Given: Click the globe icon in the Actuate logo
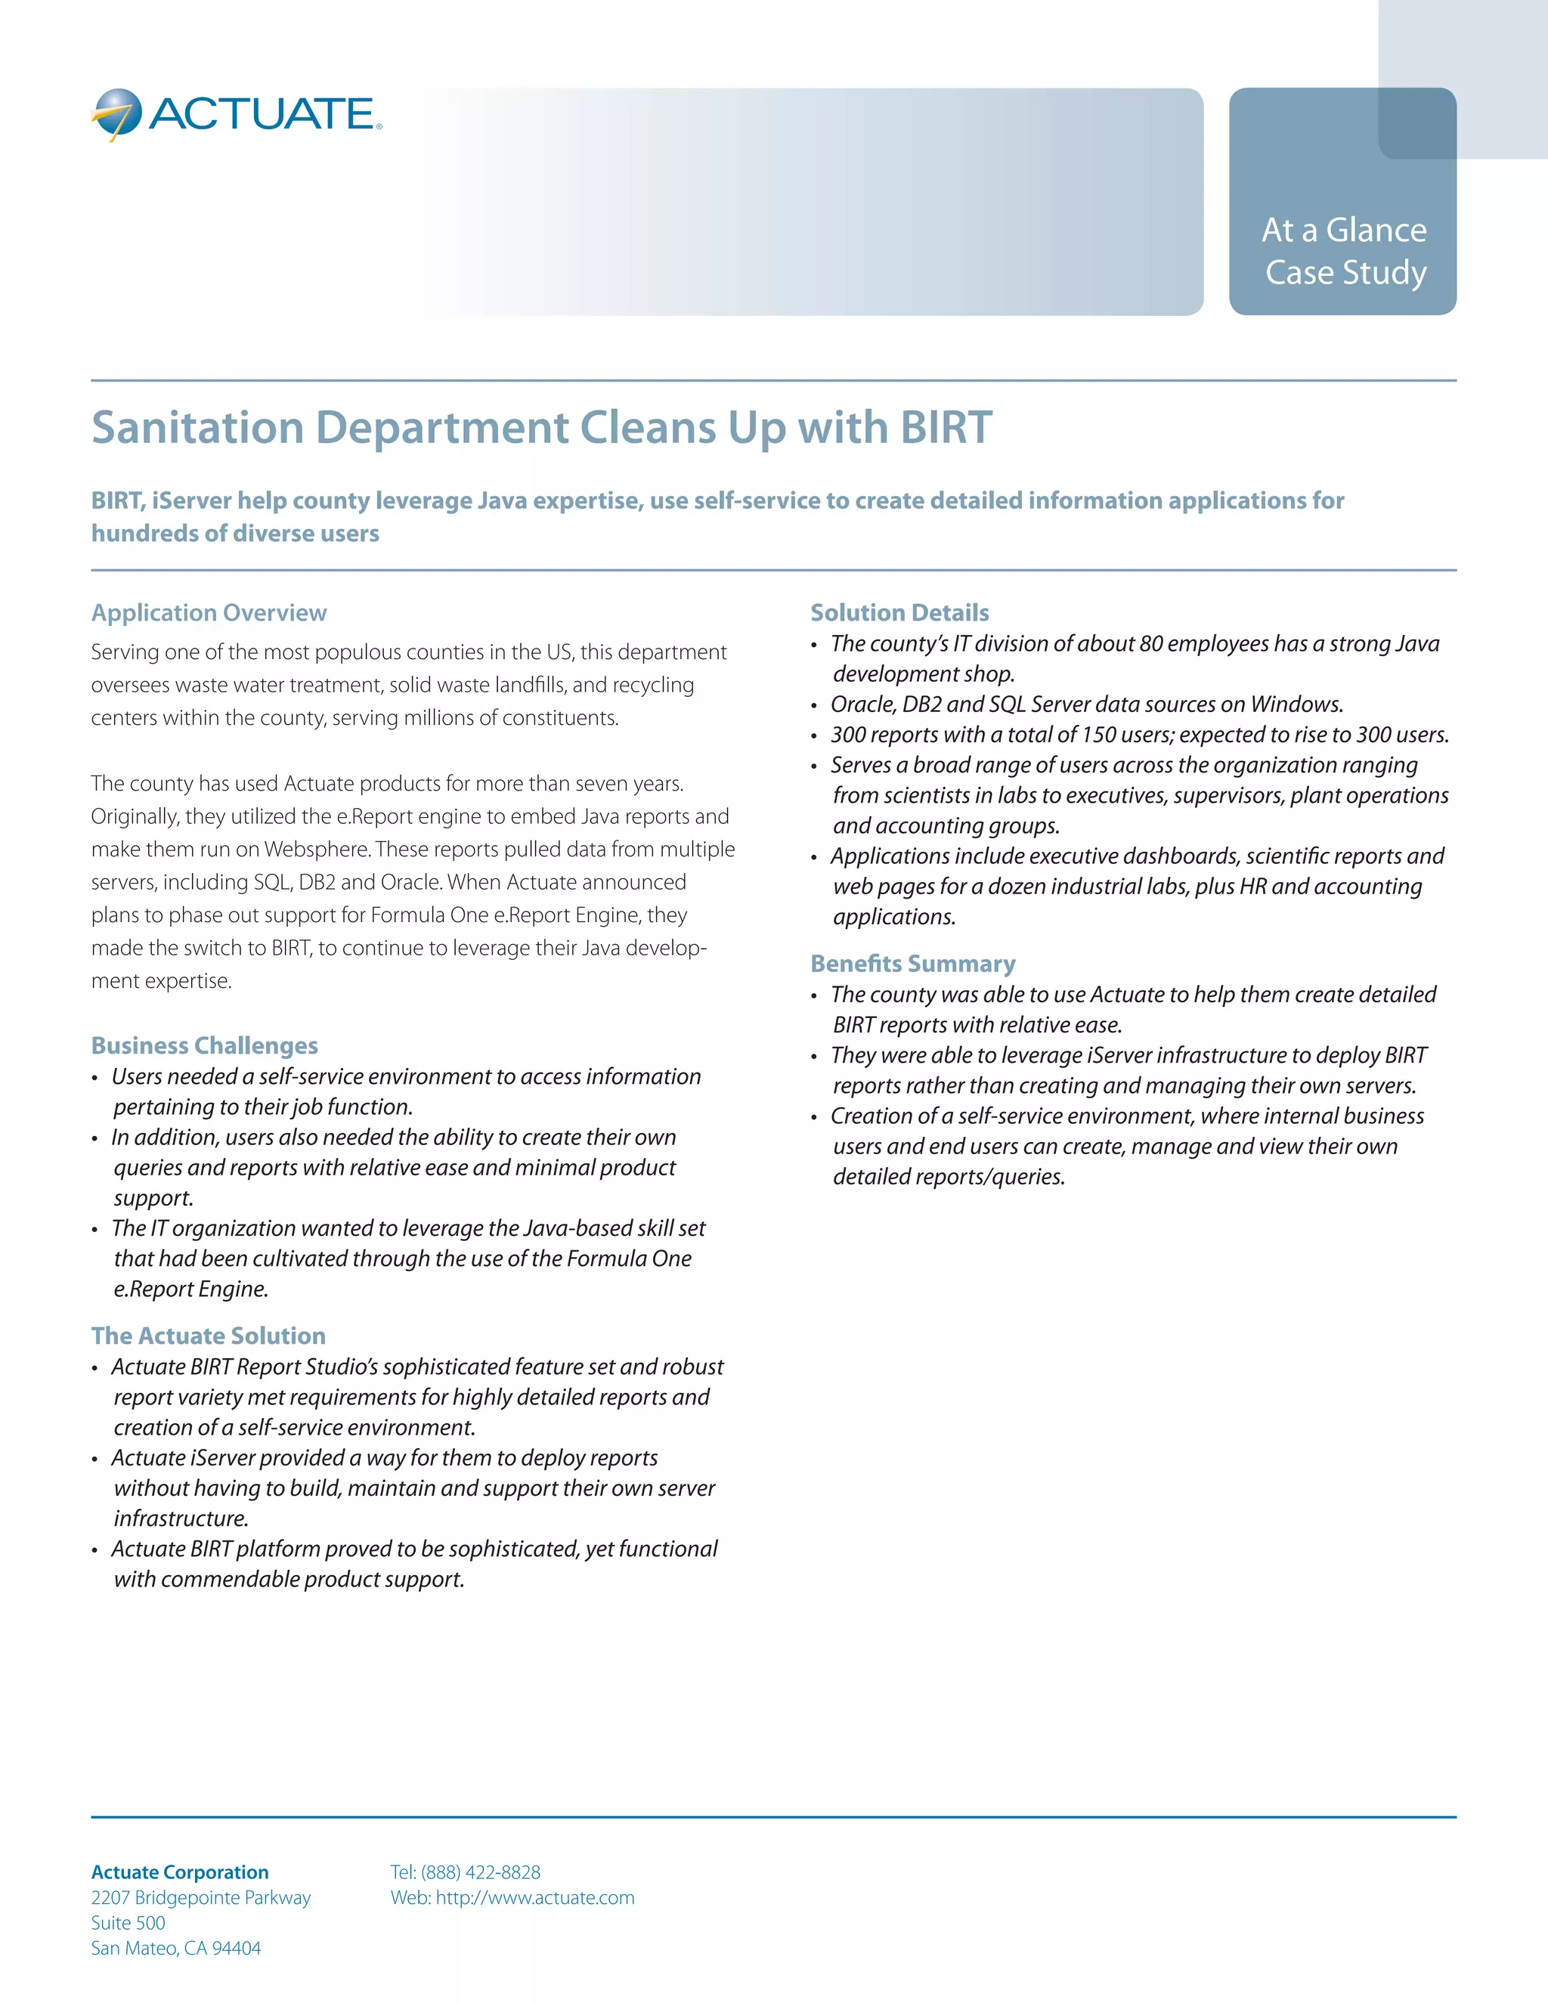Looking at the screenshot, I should (116, 113).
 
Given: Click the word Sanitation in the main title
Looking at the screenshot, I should (197, 429).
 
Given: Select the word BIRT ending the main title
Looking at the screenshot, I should (946, 429).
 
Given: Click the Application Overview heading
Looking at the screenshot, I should (209, 613).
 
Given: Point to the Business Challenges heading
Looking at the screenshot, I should (205, 1045).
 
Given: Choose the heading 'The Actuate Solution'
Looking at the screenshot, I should (208, 1336).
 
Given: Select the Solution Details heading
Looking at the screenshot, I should (899, 613).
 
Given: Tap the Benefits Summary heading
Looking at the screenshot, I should (912, 964).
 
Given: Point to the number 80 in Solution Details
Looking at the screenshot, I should (1152, 644).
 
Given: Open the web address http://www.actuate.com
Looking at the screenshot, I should (534, 1897).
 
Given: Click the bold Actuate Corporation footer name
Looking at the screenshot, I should (180, 1871).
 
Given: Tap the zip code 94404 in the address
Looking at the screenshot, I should (237, 1948).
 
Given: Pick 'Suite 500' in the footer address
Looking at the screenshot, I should (128, 1923).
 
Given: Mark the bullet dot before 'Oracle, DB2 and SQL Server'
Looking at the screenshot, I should (813, 706).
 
